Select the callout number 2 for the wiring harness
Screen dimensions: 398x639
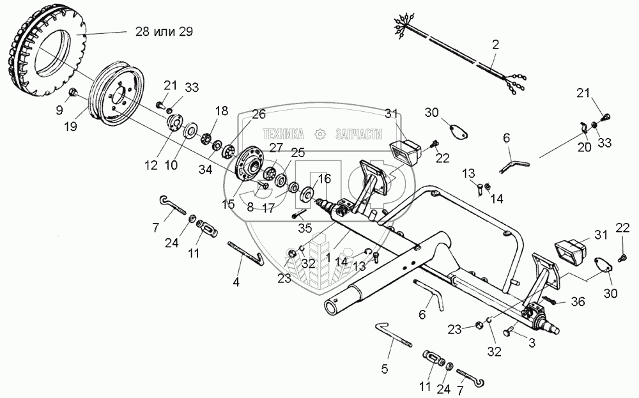click(495, 45)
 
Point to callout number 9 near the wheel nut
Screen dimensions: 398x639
click(59, 110)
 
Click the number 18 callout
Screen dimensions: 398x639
click(221, 111)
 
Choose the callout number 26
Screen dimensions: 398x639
click(258, 115)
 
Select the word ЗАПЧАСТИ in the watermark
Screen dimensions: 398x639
click(358, 134)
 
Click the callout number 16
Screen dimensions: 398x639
click(325, 179)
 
